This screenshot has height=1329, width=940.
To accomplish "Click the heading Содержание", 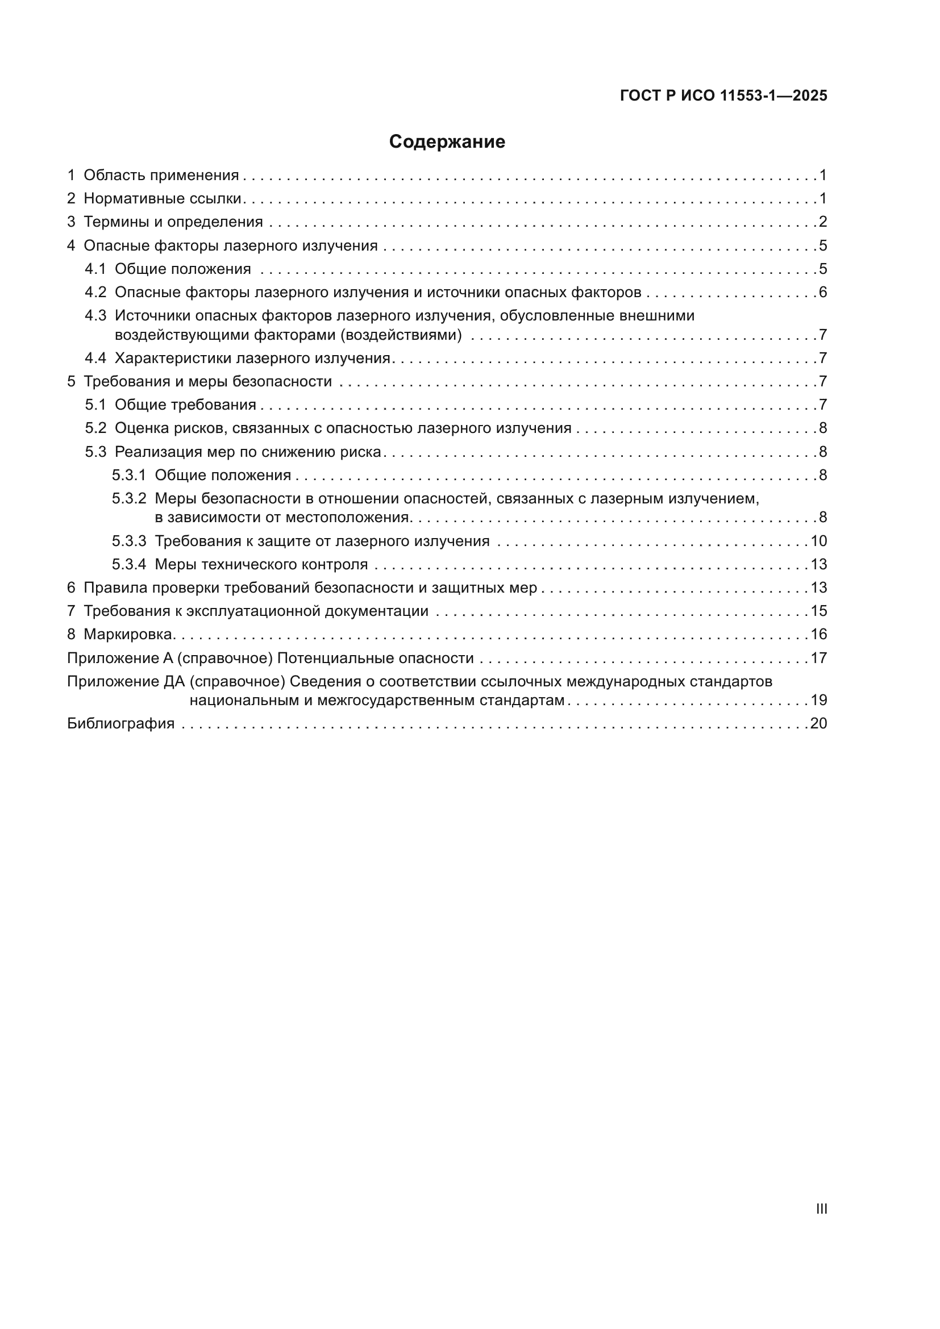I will (447, 142).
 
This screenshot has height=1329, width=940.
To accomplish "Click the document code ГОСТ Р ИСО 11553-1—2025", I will (723, 95).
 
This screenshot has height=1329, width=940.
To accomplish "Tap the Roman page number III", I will (821, 1209).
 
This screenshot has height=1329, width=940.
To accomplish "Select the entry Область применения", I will (161, 176).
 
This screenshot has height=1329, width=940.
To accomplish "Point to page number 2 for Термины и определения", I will (823, 222).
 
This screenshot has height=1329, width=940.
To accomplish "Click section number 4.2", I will (95, 292).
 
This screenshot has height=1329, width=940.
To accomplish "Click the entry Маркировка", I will (128, 635).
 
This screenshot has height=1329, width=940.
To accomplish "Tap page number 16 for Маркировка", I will (818, 635).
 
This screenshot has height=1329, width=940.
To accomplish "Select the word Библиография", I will (120, 723).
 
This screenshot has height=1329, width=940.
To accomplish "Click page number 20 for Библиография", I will (818, 723).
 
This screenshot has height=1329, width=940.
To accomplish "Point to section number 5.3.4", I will (128, 564).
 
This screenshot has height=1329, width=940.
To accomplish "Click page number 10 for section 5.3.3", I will (818, 541).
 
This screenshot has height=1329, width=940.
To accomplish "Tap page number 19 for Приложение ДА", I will (818, 701).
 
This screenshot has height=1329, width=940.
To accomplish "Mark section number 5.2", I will (95, 428).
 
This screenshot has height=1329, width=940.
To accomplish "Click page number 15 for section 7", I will (818, 611).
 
